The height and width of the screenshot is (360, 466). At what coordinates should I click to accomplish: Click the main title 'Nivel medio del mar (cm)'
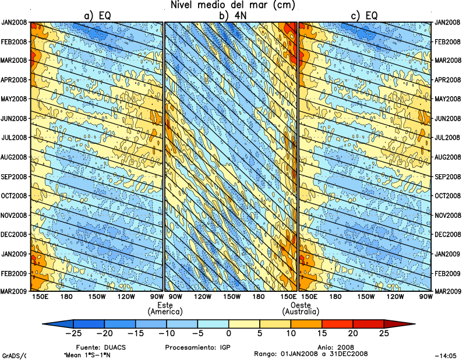click(233, 5)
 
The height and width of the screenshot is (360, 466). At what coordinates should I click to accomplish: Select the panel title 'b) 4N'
click(231, 16)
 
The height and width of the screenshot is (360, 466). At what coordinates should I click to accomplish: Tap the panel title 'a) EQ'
click(97, 16)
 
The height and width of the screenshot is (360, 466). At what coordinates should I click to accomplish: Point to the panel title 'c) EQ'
click(364, 16)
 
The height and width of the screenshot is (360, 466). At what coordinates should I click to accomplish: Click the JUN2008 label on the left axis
click(15, 118)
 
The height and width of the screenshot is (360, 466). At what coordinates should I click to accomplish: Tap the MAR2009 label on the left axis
click(15, 291)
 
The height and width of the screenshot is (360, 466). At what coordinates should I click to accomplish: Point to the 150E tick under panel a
click(40, 297)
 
